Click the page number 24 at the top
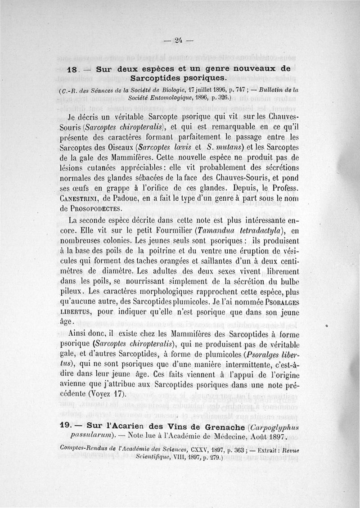179,40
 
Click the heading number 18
72,70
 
